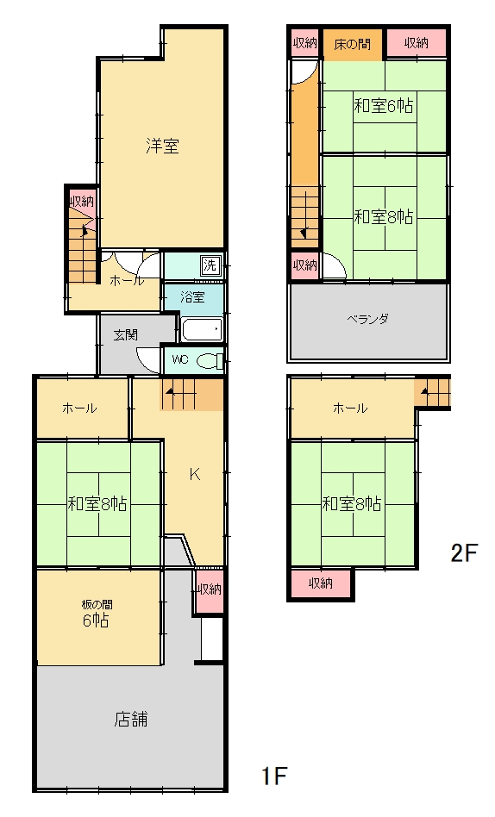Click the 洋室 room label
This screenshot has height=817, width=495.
[x=162, y=146]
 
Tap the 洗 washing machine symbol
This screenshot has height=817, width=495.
[x=210, y=265]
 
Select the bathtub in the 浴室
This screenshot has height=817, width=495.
[x=202, y=329]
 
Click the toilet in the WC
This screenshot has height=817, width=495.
[x=210, y=360]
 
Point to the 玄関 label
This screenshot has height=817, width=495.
[x=126, y=334]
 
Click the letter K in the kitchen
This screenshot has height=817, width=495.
[x=195, y=474]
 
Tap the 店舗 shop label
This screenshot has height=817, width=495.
[x=130, y=719]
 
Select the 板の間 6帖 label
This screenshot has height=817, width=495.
[x=97, y=614]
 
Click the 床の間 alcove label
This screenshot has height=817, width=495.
[x=352, y=44]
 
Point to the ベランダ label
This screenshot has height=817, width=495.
[x=367, y=319]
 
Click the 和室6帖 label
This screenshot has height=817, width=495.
[x=384, y=106]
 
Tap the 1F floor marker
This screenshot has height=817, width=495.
[x=274, y=776]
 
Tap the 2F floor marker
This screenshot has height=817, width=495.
[x=464, y=552]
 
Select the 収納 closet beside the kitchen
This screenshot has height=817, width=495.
[x=210, y=589]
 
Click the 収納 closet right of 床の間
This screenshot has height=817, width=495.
[x=417, y=43]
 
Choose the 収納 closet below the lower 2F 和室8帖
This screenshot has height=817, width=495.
[x=320, y=583]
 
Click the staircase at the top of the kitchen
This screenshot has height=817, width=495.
[x=191, y=394]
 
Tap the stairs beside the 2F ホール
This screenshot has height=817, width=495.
[x=432, y=392]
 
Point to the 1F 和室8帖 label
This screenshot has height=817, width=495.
[x=97, y=504]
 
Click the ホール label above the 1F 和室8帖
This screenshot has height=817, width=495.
[x=79, y=408]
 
